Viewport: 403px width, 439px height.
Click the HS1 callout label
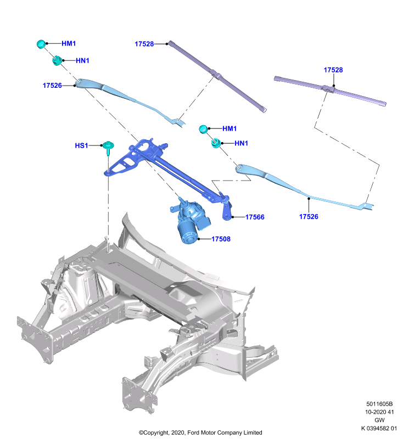[81, 145]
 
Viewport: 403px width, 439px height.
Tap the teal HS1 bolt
[108, 147]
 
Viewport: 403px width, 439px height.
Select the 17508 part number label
[221, 239]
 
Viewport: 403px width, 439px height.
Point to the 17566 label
[255, 217]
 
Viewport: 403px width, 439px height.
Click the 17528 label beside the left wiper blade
[144, 44]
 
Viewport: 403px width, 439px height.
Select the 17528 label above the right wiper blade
[333, 70]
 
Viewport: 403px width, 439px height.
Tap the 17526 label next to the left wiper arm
[52, 86]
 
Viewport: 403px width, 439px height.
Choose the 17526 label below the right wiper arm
[309, 216]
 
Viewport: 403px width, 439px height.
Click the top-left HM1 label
[69, 43]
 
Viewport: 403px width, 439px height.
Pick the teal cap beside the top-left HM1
[41, 44]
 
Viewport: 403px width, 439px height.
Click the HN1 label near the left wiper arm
[82, 60]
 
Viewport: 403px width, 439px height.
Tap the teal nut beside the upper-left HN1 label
[57, 60]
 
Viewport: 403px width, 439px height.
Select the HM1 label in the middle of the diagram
[230, 128]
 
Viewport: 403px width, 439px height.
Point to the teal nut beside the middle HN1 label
[216, 143]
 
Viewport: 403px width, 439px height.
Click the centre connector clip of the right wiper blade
[328, 89]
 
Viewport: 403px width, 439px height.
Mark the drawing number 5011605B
[379, 404]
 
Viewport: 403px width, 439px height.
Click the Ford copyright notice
[200, 432]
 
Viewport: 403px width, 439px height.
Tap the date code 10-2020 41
[379, 412]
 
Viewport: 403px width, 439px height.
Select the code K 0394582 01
[379, 429]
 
